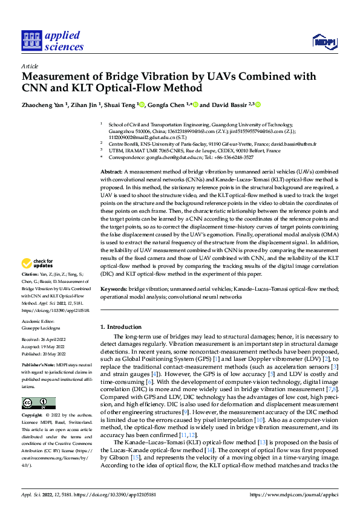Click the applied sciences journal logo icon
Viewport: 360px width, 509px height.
(x=30, y=41)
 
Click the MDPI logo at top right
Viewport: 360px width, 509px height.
(x=323, y=41)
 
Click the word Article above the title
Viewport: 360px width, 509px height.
(x=30, y=66)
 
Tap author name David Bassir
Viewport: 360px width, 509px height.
(x=230, y=105)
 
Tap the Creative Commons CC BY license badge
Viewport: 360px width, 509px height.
(x=38, y=403)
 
